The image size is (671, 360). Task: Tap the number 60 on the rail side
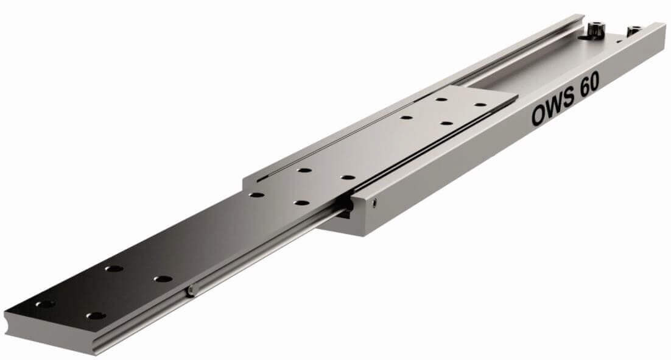point(590,86)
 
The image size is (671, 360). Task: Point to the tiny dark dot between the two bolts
point(619,41)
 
